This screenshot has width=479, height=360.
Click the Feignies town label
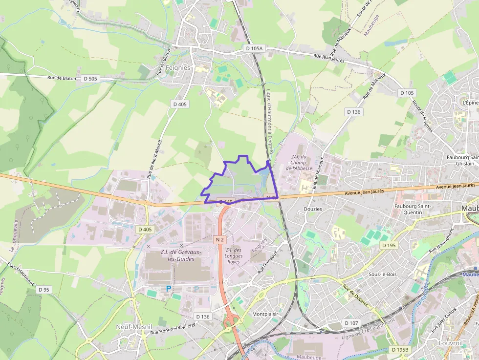coord(178,68)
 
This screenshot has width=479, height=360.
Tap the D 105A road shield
coord(254,48)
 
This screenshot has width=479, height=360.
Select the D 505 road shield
coord(90,78)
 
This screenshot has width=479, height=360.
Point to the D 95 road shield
coord(44,290)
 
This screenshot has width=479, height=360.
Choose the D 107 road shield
coord(351,323)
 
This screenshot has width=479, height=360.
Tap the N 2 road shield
coord(219,239)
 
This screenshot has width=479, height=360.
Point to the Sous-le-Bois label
coord(383,274)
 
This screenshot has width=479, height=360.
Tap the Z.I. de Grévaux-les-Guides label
coord(177,255)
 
